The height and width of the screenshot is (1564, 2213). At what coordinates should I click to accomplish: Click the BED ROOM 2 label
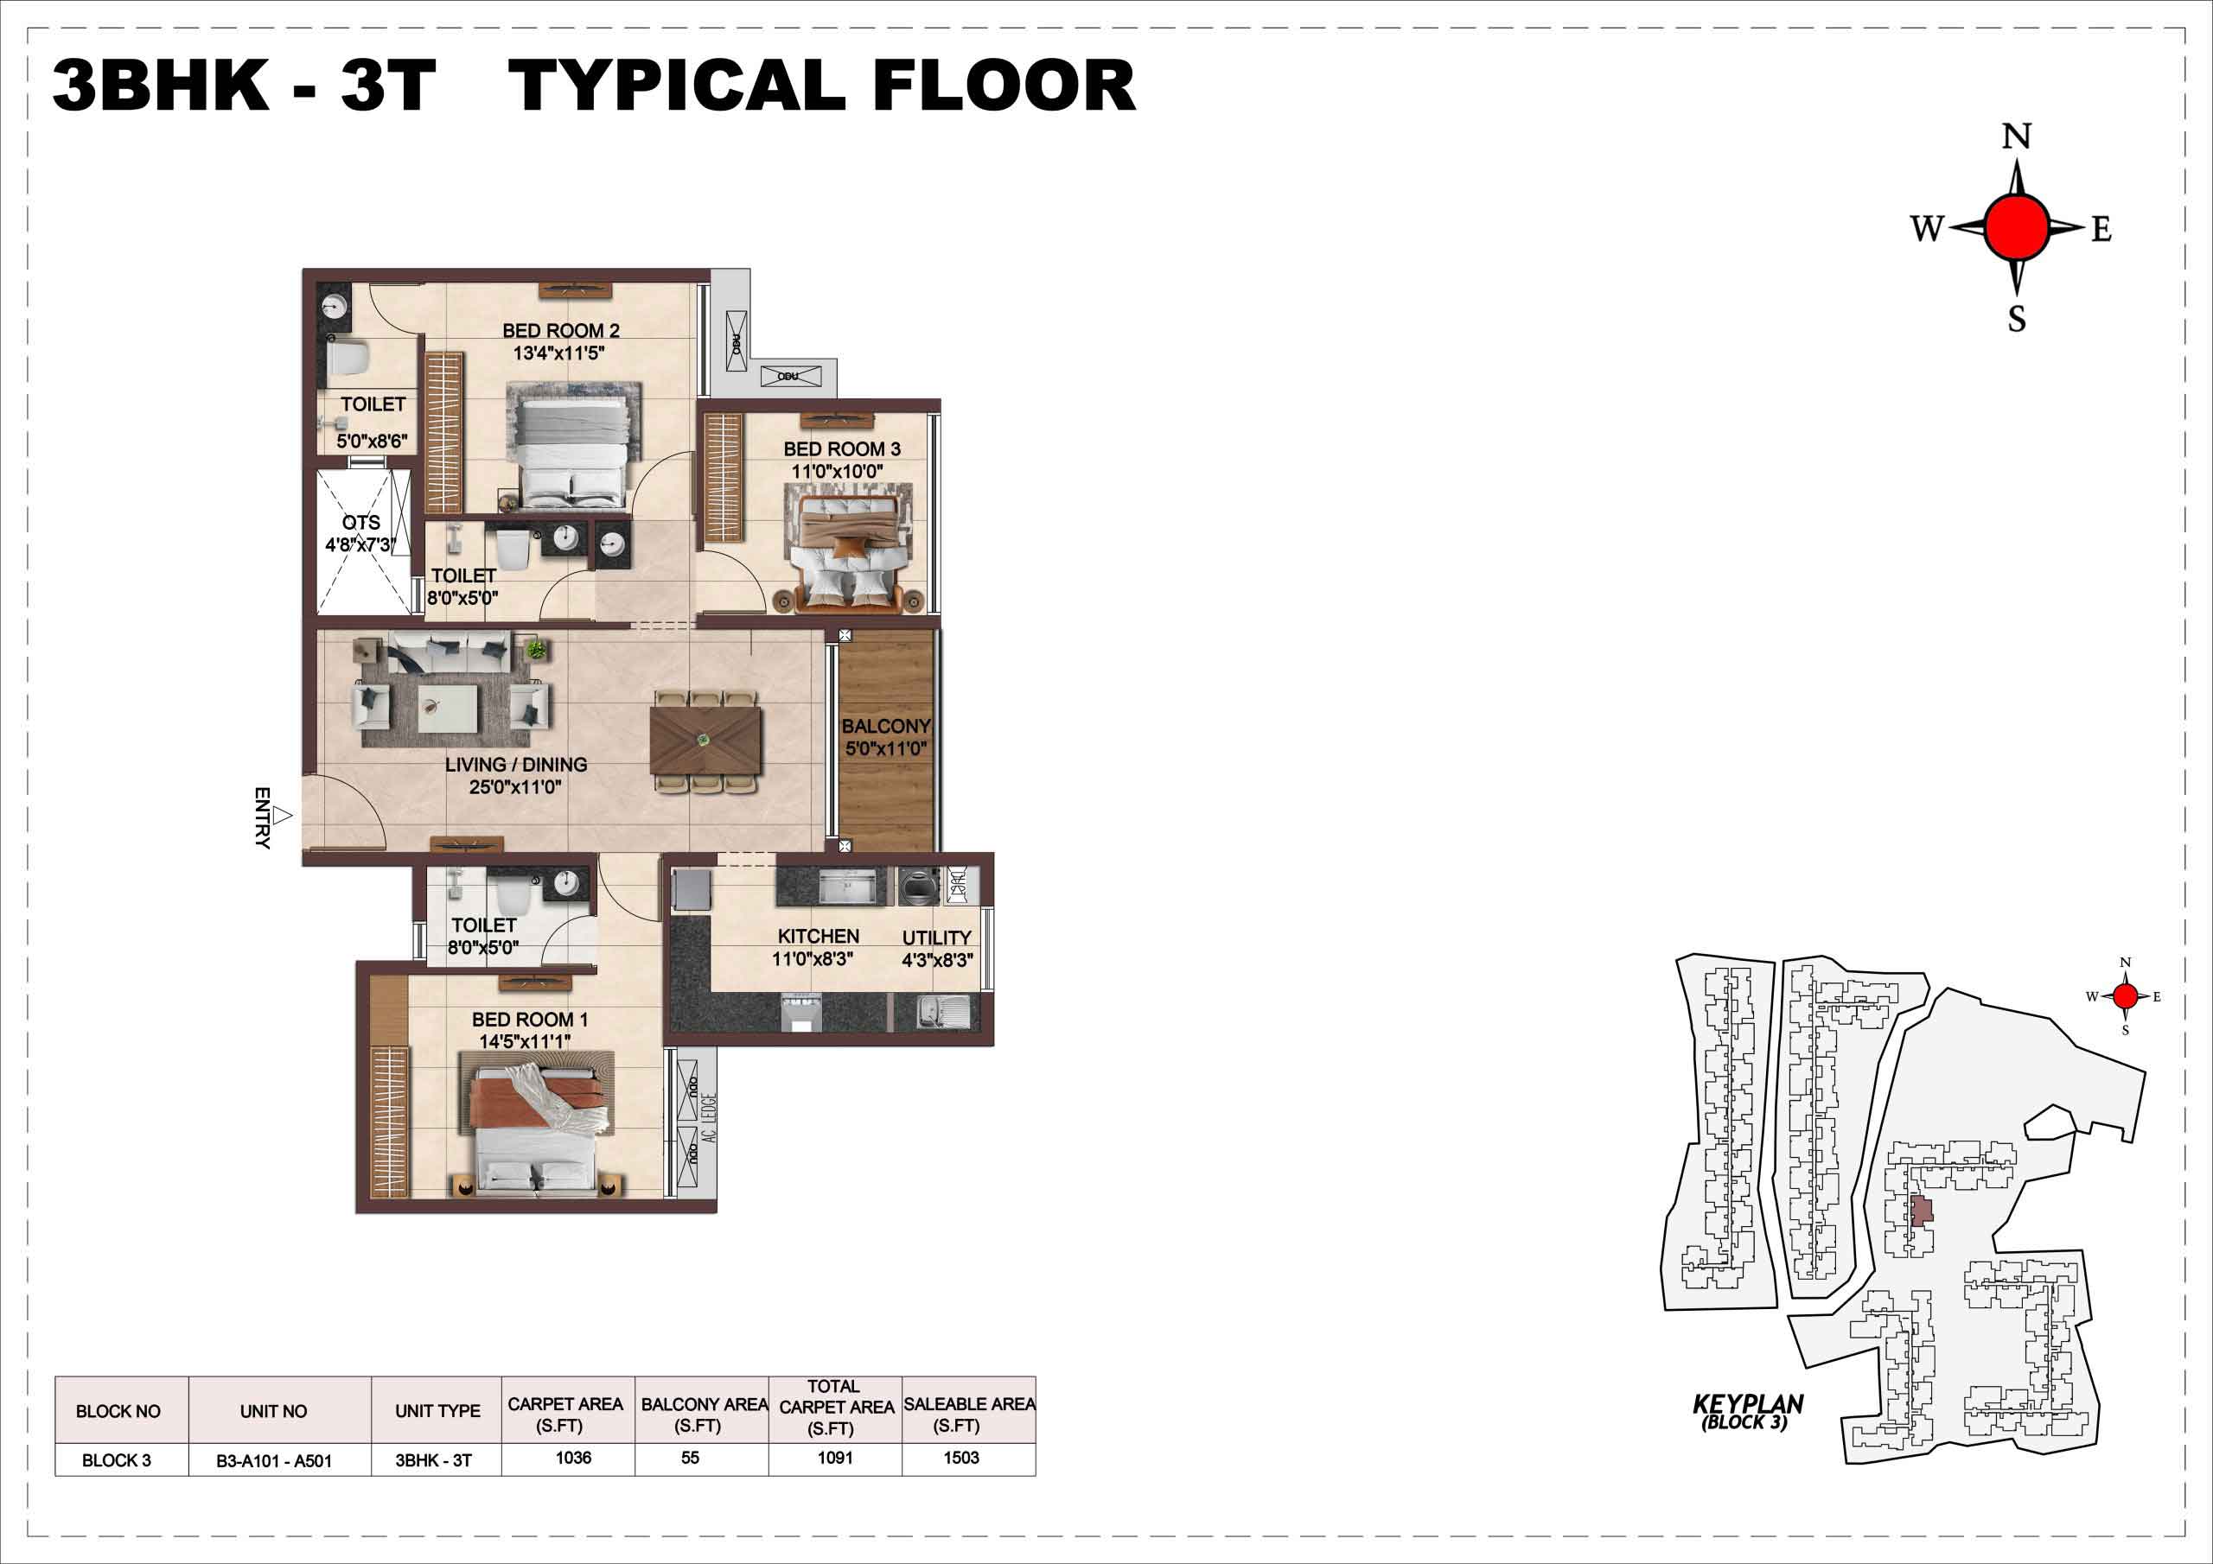coord(561,331)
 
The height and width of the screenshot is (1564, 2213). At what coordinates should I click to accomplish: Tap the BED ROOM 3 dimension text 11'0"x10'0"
coord(838,471)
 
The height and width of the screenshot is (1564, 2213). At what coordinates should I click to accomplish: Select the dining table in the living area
coord(706,741)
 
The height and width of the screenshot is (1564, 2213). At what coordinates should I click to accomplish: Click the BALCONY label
coord(886,726)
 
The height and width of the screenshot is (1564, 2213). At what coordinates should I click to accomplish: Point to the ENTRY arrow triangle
coord(282,817)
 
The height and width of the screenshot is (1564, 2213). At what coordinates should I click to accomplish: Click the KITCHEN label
coord(819,936)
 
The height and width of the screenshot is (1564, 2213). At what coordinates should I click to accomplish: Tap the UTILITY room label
coord(937,938)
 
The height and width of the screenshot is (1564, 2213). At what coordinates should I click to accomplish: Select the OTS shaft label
coord(361,522)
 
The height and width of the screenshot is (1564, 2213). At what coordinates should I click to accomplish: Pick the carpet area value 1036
coord(573,1457)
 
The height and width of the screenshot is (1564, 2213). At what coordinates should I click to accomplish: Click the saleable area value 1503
coord(961,1457)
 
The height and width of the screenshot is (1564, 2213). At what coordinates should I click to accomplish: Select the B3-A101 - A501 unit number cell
coord(274,1461)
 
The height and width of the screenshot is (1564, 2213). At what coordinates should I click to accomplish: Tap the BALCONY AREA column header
coord(705,1415)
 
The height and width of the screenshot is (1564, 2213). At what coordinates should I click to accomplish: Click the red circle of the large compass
coord(2017,227)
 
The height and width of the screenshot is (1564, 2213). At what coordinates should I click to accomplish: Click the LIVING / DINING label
coord(516,764)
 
